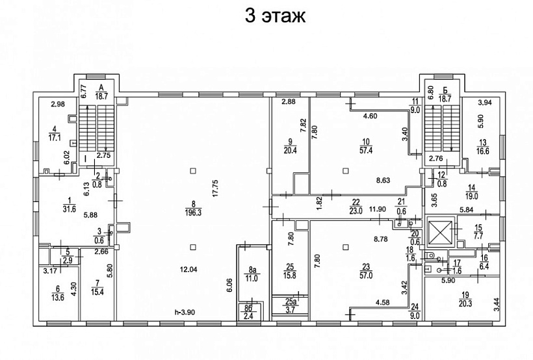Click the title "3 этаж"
pos(275,16)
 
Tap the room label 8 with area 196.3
pos(194,209)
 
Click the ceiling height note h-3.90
pos(184,312)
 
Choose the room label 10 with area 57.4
pos(366,146)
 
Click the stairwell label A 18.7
pos(101,92)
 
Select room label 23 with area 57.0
pos(366,271)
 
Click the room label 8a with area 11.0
pos(252,274)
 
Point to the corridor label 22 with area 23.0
pos(356,207)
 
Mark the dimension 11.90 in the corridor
pos(377,209)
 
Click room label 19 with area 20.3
pos(465,300)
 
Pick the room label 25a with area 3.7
pos(290,305)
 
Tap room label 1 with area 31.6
pos(69,205)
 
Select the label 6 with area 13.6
pos(57,293)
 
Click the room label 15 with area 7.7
pos(478,232)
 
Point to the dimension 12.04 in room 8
pos(188,270)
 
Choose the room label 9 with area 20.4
pos(290,146)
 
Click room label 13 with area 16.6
pos(483,148)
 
